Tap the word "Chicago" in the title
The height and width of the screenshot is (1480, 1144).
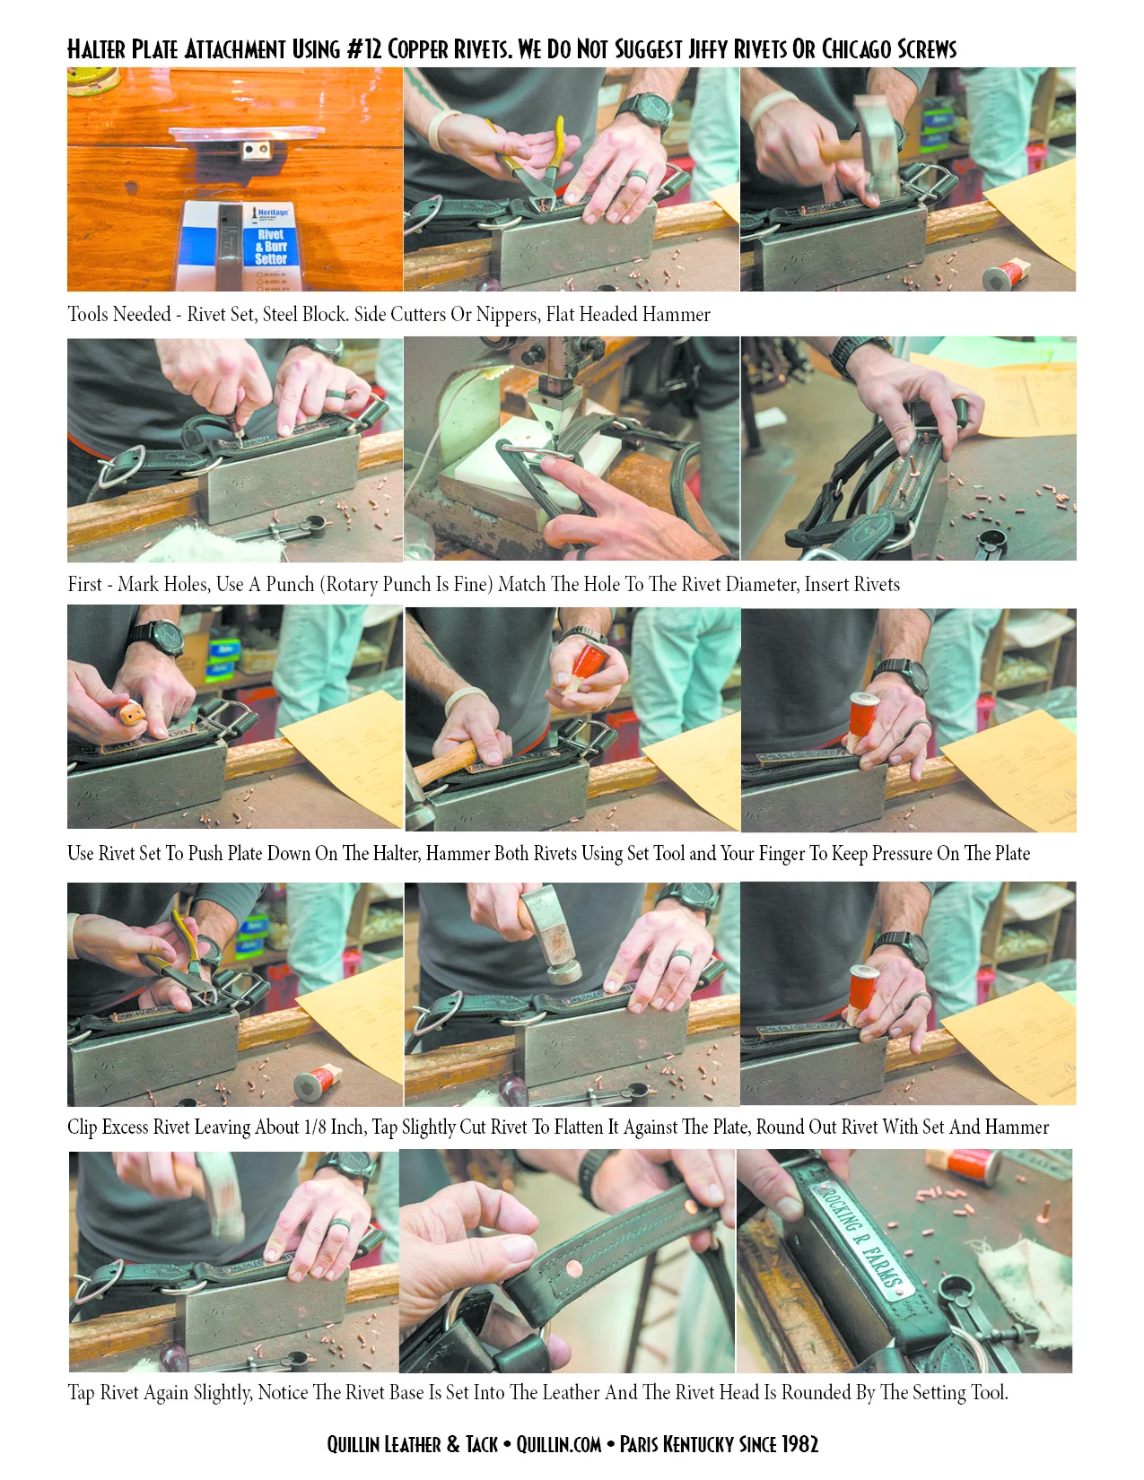856,49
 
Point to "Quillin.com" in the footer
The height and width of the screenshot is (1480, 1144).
558,1444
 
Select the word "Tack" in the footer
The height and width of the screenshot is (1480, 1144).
482,1444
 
